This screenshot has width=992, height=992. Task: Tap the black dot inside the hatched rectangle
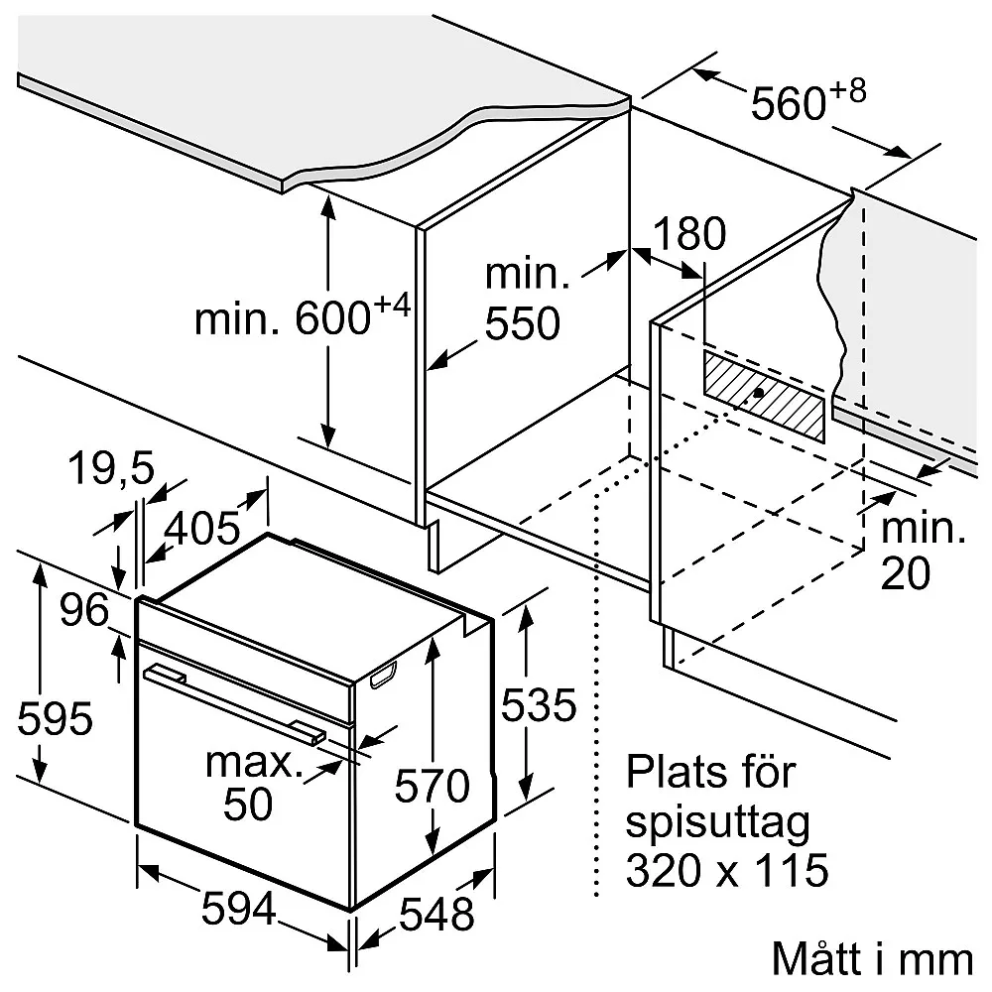(x=758, y=392)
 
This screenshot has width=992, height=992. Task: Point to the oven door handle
(x=233, y=702)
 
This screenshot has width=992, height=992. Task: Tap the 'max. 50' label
(x=252, y=784)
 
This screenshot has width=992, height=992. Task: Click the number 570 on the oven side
(x=431, y=787)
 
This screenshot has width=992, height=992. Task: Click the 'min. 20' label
(x=923, y=552)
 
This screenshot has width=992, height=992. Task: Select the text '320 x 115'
(x=726, y=871)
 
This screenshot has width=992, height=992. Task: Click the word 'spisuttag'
(x=717, y=822)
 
